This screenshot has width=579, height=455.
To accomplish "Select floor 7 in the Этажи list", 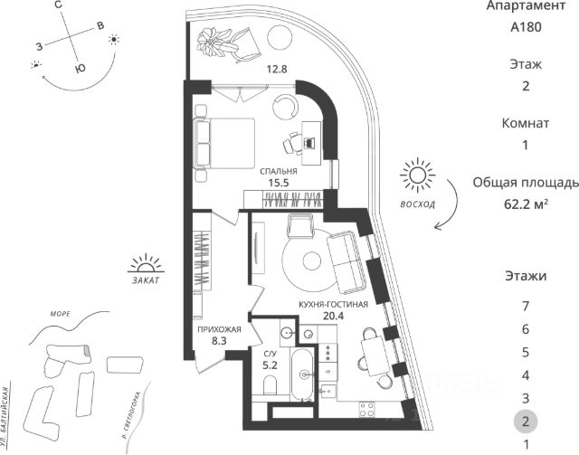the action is (525, 305).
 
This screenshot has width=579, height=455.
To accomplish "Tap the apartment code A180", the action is (525, 27).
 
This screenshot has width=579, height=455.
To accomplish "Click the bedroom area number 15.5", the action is (279, 183).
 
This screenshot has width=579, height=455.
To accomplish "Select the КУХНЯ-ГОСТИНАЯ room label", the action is (333, 305).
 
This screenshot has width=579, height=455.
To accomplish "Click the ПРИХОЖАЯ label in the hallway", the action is (219, 330).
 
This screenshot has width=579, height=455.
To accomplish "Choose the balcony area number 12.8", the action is (252, 68).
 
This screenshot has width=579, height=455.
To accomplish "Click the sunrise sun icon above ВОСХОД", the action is (417, 175).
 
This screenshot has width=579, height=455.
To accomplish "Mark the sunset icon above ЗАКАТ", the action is (144, 264).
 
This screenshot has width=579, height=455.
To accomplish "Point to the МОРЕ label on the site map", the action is (61, 313).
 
